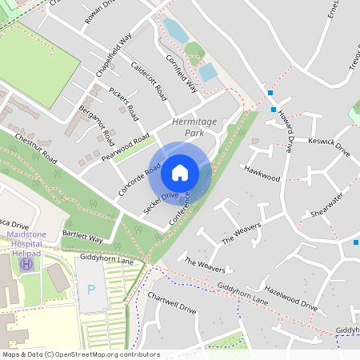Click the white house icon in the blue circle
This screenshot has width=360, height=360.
[180, 172]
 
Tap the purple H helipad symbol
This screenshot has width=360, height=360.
[27, 263]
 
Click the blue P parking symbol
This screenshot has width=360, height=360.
[90, 287]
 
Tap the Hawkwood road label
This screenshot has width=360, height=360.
[263, 172]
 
